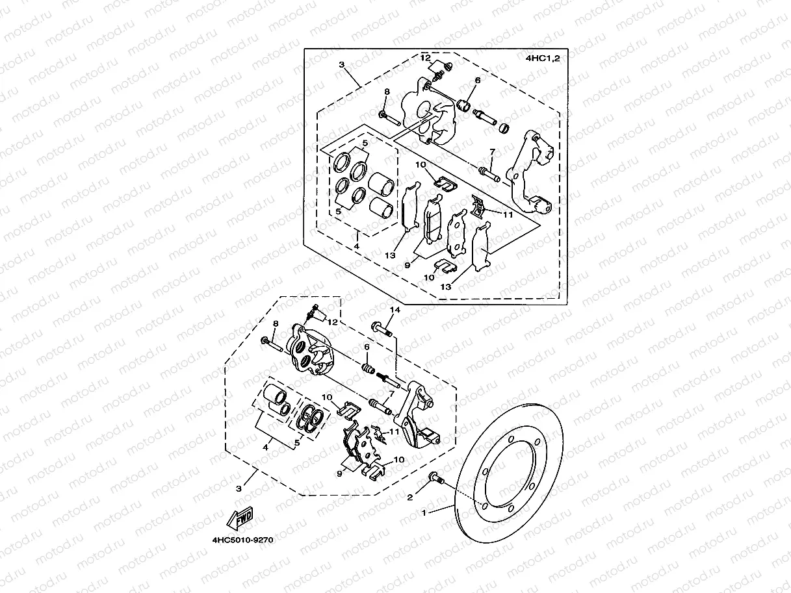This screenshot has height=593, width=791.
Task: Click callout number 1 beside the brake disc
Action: point(424,512)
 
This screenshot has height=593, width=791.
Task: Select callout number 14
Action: point(393,310)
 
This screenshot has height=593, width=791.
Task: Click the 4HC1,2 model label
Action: point(543,58)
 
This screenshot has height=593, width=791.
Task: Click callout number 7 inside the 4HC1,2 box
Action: point(492,151)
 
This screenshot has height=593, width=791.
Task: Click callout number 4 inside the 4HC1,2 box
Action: point(356,247)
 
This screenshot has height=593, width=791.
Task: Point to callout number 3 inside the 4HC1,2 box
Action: point(341,64)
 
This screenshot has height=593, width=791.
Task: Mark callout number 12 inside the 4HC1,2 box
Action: point(425,58)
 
